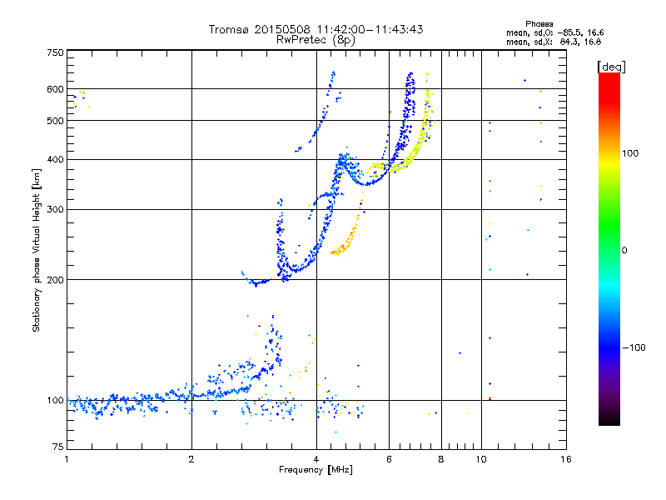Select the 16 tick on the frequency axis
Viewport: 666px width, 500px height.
565,459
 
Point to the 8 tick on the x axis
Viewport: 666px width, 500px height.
441,459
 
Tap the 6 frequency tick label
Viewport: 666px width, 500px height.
389,459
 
